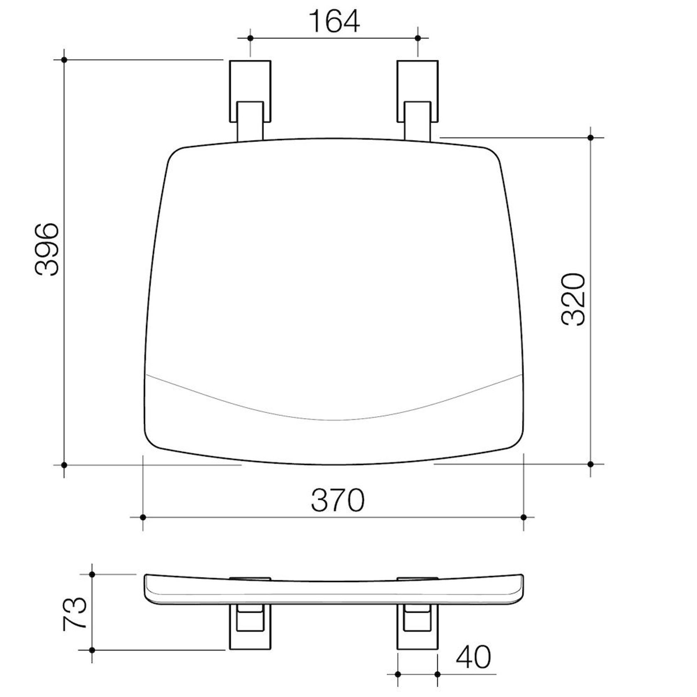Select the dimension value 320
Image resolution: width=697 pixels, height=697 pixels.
click(x=573, y=299)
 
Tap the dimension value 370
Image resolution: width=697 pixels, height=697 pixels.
click(x=337, y=500)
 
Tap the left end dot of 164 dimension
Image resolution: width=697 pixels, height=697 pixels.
click(x=250, y=38)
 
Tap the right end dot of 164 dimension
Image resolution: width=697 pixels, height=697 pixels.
click(x=418, y=38)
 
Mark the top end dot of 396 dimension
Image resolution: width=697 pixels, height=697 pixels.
click(x=64, y=60)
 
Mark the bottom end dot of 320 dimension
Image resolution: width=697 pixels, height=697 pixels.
click(x=591, y=464)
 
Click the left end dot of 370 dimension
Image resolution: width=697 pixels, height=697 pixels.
click(x=143, y=517)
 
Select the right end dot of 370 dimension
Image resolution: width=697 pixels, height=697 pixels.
click(x=524, y=517)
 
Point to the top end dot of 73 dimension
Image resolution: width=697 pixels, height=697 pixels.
click(x=92, y=574)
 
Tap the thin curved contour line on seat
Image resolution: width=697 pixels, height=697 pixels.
click(x=333, y=419)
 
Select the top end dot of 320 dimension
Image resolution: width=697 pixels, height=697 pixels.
click(x=591, y=137)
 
